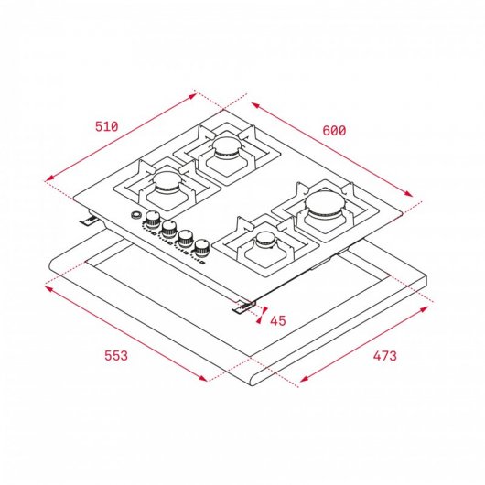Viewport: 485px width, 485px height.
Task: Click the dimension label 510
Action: (x=107, y=125)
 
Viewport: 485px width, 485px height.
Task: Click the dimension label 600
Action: (x=334, y=131)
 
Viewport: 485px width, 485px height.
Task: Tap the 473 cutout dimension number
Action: (x=383, y=356)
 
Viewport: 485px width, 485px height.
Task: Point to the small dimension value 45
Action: (x=278, y=320)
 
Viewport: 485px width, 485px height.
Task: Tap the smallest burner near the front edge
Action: (x=265, y=241)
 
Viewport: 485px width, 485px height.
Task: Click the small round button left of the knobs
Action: (x=136, y=216)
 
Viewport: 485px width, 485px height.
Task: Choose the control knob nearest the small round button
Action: (x=153, y=221)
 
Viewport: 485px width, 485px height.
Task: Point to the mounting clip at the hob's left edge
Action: (x=91, y=219)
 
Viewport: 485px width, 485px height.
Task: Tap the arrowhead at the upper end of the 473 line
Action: (x=428, y=309)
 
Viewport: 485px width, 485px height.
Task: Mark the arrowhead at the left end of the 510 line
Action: (x=46, y=179)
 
